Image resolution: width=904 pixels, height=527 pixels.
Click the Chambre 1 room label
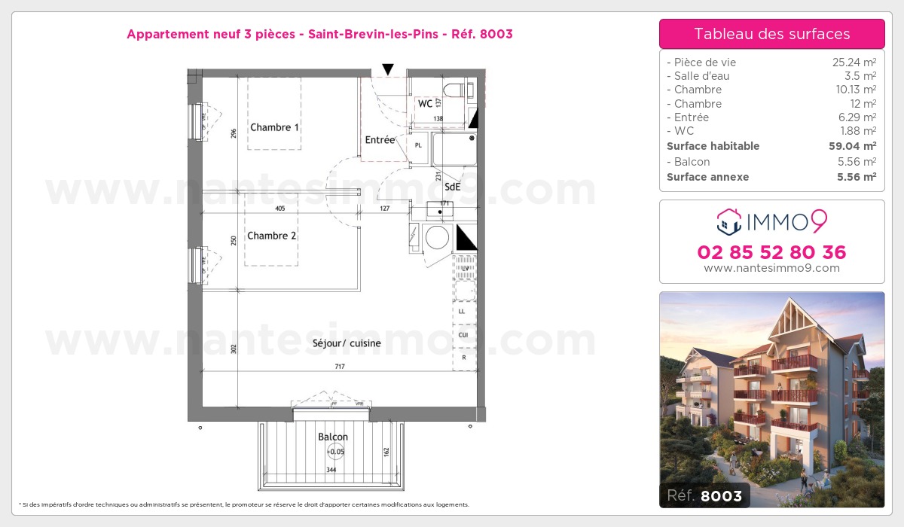275,127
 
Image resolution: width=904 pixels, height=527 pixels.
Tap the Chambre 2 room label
272,236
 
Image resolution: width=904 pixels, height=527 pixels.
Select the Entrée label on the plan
380,140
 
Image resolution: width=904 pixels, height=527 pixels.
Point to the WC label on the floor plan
426,104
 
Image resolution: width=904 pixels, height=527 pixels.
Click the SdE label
453,188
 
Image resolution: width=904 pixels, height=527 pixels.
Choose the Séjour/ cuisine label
347,343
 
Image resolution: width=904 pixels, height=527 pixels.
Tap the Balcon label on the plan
333,437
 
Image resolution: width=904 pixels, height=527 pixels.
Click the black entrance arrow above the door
388,69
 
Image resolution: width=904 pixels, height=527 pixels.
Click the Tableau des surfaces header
772,34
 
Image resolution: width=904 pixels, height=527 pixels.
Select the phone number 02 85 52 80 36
772,252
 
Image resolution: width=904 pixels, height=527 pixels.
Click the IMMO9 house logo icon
728,221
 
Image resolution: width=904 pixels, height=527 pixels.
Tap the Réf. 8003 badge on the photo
705,495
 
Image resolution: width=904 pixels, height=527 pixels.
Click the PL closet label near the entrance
418,145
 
